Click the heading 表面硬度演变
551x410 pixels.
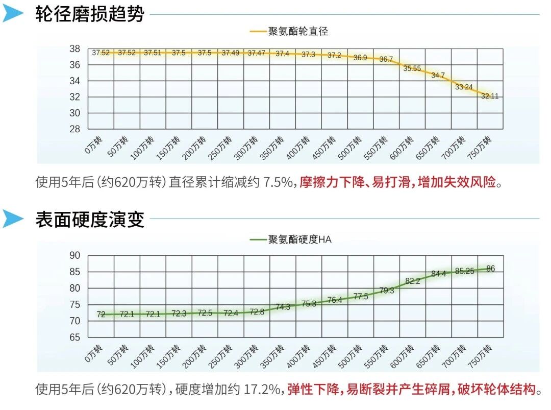point(90,220)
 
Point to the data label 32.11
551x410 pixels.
point(490,96)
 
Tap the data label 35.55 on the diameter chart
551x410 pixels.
point(412,68)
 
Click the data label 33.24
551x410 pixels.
point(464,87)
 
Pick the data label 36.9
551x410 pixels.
point(360,58)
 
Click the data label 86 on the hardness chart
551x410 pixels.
point(491,269)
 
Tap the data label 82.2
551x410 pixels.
point(412,281)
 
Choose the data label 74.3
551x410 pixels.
point(282,307)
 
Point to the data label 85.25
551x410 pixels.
point(464,271)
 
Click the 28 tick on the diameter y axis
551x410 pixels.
point(75,129)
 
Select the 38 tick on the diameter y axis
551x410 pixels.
point(75,49)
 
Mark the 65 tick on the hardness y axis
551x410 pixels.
point(75,337)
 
